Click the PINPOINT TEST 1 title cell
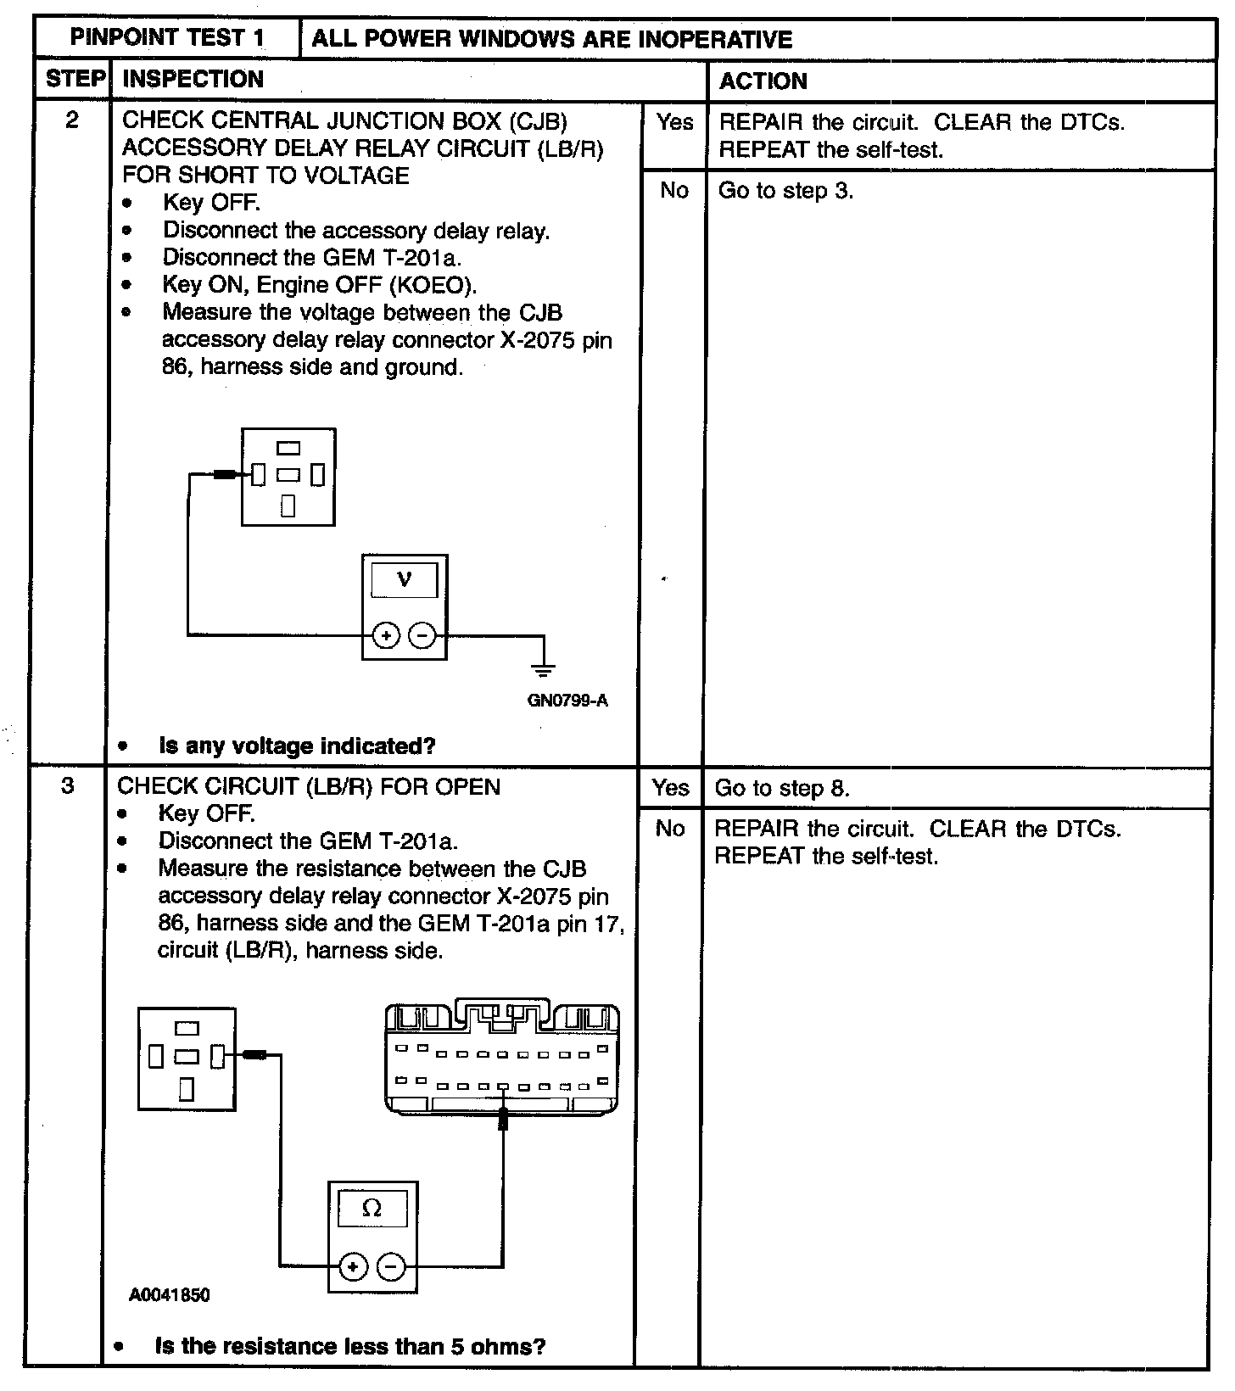[x=167, y=38]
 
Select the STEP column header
[x=75, y=80]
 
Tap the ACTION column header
[x=763, y=81]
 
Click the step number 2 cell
[x=72, y=120]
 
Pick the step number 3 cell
[x=68, y=785]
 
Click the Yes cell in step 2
[x=674, y=122]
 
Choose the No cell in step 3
[x=669, y=829]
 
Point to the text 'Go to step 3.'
[x=785, y=191]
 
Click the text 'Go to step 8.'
[x=781, y=788]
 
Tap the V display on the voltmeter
[x=405, y=580]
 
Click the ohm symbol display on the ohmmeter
[x=372, y=1209]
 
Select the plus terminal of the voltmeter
[x=386, y=635]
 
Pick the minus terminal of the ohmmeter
[x=391, y=1267]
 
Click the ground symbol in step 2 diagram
[x=543, y=668]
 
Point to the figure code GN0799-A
[x=567, y=701]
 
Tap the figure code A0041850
[x=170, y=1295]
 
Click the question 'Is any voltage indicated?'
[x=297, y=746]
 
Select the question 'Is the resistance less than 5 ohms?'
[x=349, y=1346]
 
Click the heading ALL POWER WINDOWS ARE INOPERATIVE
[x=551, y=39]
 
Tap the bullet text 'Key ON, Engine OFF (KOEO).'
[x=320, y=285]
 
